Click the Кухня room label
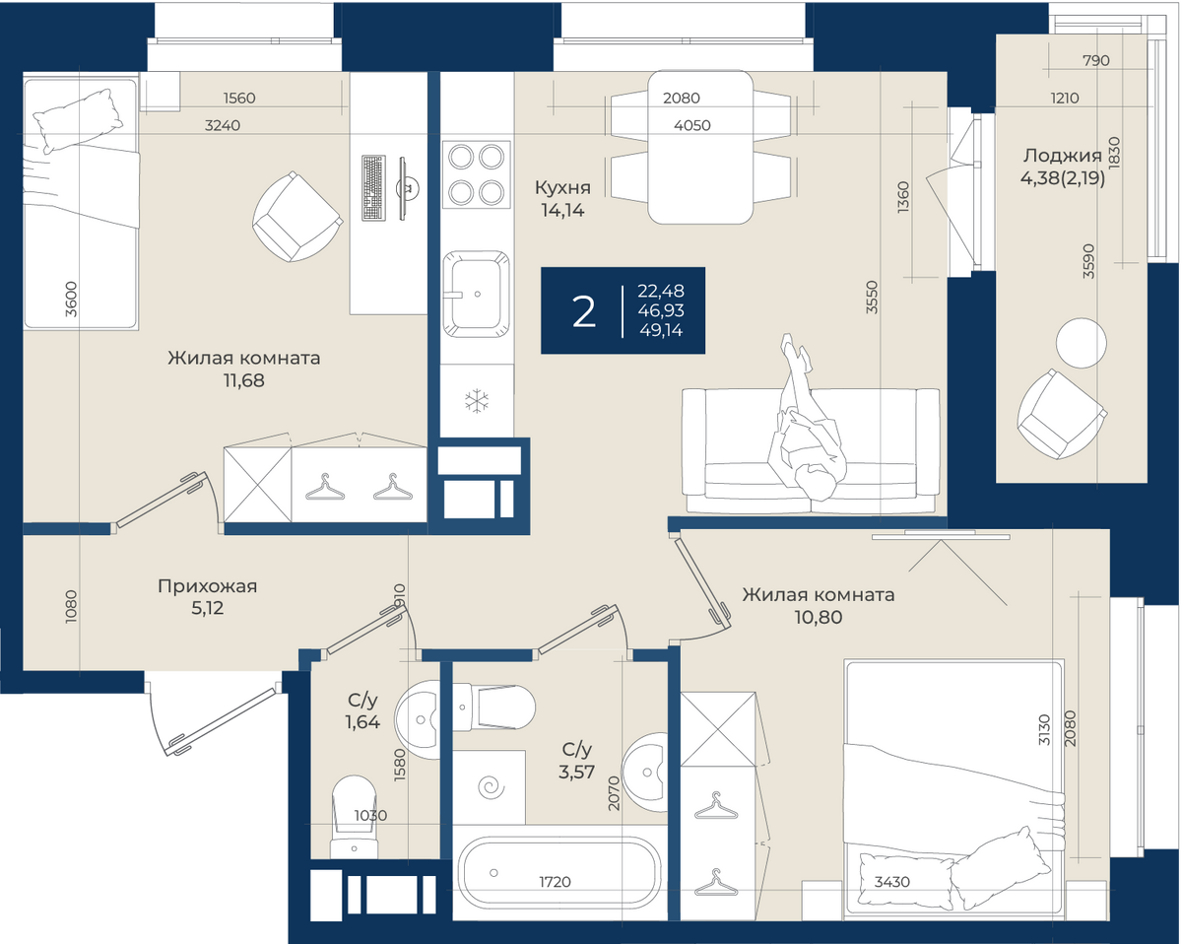(563, 187)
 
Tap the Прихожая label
(207, 586)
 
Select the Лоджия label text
(1062, 156)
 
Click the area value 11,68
(244, 380)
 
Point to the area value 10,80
(819, 617)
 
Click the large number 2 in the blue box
(583, 311)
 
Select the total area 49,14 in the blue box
(661, 330)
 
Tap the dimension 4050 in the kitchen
(692, 125)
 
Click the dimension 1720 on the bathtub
(555, 882)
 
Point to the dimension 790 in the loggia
(1096, 60)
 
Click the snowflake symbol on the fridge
(476, 401)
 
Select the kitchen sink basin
(476, 294)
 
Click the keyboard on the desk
(373, 188)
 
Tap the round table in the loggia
(1081, 343)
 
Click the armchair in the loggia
(1061, 414)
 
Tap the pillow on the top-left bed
(78, 121)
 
